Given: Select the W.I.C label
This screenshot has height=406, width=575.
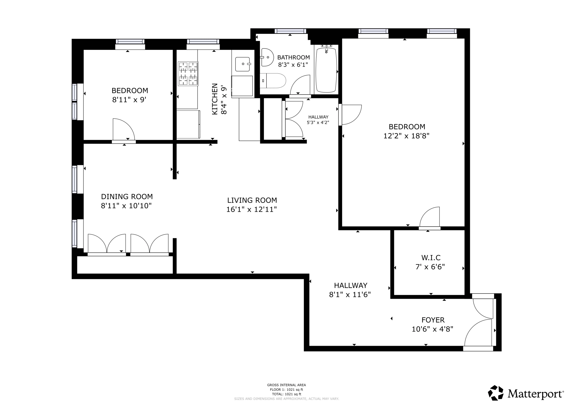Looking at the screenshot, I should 431,257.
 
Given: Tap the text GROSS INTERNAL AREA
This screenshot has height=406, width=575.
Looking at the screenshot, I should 286,385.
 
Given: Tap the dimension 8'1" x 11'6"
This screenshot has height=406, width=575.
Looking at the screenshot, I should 350,295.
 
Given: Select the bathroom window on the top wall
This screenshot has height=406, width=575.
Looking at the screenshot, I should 290,31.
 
